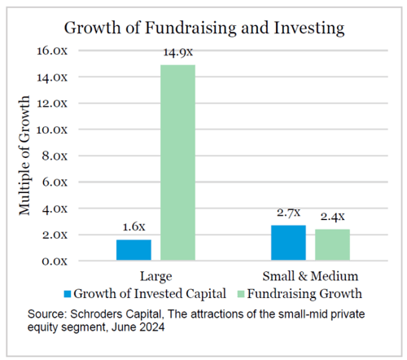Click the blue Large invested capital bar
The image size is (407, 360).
tap(133, 250)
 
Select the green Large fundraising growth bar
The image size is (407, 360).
tap(177, 163)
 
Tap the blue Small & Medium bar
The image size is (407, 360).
tap(288, 243)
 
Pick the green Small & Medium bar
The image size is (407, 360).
tap(332, 245)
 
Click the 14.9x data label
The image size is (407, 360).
tap(177, 52)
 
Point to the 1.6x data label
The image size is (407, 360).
tap(133, 226)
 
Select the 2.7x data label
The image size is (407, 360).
tap(288, 213)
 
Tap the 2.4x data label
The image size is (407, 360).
tap(332, 217)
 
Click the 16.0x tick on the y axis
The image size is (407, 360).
tap(52, 50)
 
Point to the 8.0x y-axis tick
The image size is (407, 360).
tap(55, 156)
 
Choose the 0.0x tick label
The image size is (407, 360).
tap(55, 261)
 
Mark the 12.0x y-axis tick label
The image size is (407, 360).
tap(52, 103)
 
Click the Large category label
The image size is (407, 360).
tap(155, 277)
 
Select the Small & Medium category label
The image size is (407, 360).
tap(310, 276)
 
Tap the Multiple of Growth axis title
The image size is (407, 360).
tap(24, 156)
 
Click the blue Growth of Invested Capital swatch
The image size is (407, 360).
tap(68, 294)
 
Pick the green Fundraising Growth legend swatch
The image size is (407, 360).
tap(241, 294)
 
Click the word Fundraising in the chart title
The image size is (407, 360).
tap(191, 28)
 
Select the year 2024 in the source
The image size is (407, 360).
tap(151, 327)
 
